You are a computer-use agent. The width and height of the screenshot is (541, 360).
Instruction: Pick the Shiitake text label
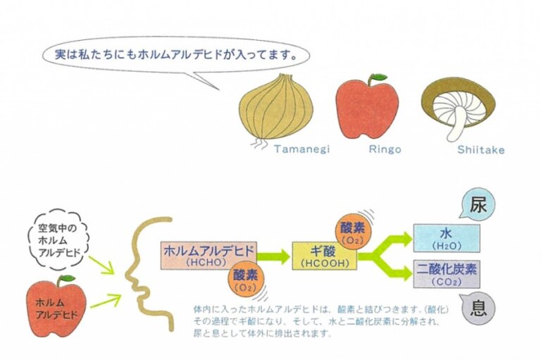click(x=481, y=149)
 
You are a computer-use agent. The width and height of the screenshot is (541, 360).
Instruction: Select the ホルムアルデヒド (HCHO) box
click(x=209, y=254)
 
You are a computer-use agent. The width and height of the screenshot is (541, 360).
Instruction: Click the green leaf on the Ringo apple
click(x=380, y=76)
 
